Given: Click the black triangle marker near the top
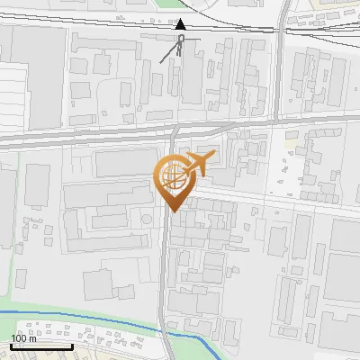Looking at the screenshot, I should tap(181, 25).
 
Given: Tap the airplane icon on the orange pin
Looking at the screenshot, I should tap(197, 165).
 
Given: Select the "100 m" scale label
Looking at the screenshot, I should tap(25, 337).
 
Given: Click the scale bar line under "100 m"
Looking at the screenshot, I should tap(41, 346).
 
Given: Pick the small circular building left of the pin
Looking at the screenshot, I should tap(143, 219).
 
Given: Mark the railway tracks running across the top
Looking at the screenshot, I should tap(108, 18).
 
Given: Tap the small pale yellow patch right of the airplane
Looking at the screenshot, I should tap(291, 142).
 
